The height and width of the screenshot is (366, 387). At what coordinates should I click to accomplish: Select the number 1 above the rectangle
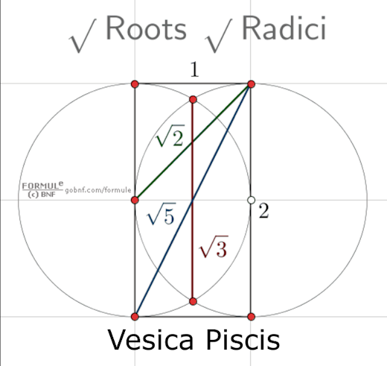(193, 70)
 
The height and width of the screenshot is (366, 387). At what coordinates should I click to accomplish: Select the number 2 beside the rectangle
(263, 211)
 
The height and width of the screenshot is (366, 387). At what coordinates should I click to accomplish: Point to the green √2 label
(169, 138)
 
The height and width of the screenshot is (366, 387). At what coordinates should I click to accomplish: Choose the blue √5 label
(161, 216)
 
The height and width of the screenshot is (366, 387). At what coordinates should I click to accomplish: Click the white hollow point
(251, 200)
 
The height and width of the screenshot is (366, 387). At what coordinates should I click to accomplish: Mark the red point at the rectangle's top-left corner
(135, 84)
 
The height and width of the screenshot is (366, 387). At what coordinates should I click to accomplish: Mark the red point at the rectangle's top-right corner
(251, 84)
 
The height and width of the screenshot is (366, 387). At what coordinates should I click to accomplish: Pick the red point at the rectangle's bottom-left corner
(135, 317)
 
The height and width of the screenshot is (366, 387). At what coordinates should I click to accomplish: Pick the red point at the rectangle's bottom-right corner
(251, 317)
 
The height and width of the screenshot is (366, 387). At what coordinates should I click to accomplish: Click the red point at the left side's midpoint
(135, 200)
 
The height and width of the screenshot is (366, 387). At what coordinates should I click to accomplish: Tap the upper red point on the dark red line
(193, 99)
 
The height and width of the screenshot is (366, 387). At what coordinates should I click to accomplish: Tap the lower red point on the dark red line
(193, 301)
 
